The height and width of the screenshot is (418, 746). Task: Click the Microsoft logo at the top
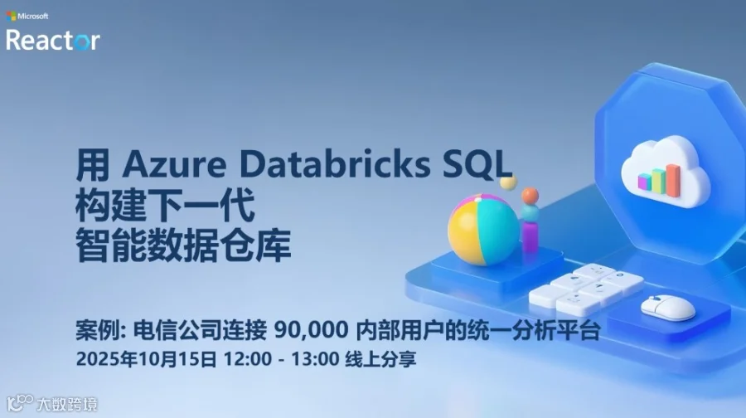click(x=11, y=15)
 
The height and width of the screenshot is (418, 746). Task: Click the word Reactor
click(x=53, y=40)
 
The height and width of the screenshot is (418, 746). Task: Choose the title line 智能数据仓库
click(x=183, y=246)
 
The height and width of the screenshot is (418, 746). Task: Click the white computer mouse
click(x=668, y=307)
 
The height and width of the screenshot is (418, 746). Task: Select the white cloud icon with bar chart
click(x=664, y=171)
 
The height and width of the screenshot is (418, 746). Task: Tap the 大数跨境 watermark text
click(x=67, y=404)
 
